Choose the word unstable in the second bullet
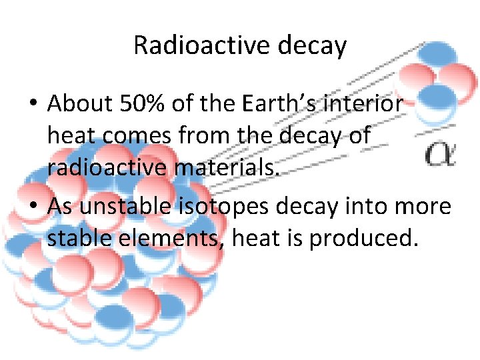point(132,206)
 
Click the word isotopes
point(231,206)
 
